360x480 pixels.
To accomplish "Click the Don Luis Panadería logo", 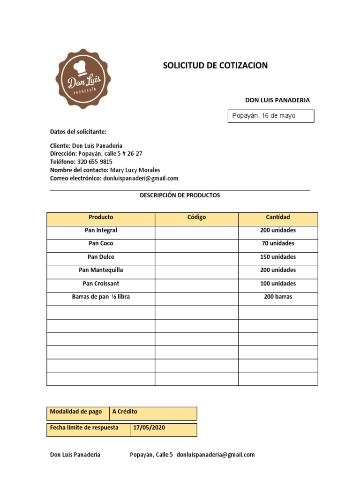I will click(83, 79).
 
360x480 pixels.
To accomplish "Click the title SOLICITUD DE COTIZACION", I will click(215, 66).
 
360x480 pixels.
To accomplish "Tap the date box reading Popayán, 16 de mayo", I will click(270, 116).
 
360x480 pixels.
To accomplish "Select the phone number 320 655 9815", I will click(95, 162).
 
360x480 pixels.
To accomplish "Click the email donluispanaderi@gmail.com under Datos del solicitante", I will click(141, 179).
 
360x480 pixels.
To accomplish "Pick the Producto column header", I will click(101, 217).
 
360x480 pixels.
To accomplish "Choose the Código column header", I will click(196, 217).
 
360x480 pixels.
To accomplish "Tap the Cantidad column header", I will click(278, 217).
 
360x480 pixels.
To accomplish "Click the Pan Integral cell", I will click(101, 231).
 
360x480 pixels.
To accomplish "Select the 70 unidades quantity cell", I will click(278, 244).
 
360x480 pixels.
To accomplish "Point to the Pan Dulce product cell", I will click(101, 257).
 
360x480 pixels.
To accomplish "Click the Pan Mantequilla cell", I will click(101, 270).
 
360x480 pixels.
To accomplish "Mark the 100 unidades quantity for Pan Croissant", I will click(278, 284).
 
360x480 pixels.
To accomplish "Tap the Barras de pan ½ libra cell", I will click(101, 297).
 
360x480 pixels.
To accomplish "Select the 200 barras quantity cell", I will click(278, 297).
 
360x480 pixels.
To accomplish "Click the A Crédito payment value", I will click(125, 412).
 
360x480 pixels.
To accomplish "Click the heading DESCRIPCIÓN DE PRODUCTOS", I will click(180, 195).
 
